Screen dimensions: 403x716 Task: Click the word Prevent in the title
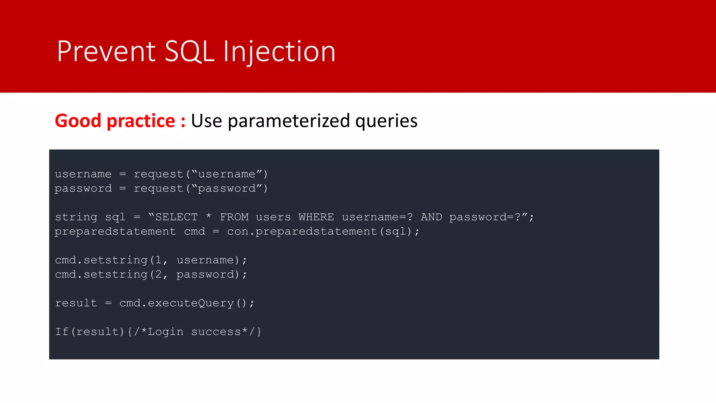106,51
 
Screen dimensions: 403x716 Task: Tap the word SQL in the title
189,51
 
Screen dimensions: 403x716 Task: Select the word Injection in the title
279,51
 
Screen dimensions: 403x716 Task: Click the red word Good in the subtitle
78,121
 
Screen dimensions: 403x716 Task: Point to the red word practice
141,121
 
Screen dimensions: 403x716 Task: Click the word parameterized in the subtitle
288,121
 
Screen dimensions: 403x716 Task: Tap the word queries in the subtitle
386,121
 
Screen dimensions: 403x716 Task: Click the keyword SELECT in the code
177,217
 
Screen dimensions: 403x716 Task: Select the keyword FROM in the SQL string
234,217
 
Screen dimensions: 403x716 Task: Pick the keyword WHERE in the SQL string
316,217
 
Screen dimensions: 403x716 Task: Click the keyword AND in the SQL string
431,217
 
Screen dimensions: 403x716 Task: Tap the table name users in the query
273,217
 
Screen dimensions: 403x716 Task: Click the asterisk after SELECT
209,216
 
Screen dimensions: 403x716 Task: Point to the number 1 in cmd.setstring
158,260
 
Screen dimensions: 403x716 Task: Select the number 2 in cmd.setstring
158,275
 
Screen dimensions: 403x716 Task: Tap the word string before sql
76,217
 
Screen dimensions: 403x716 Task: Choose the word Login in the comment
166,332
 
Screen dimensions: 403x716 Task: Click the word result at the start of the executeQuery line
76,303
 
